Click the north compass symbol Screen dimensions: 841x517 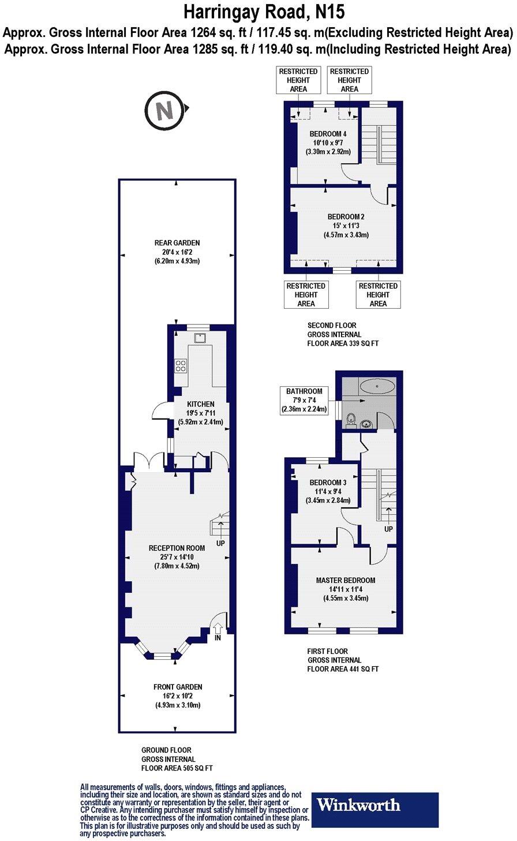[x=166, y=110]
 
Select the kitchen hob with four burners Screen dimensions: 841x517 [x=181, y=365]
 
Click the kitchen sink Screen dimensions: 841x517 [x=200, y=338]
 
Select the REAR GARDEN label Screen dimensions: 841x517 [x=177, y=243]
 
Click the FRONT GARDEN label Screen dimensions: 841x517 [x=178, y=687]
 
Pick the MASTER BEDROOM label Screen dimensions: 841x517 [x=345, y=580]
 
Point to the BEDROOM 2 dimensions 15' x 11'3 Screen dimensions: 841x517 [x=346, y=226]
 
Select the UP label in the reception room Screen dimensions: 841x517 [x=220, y=543]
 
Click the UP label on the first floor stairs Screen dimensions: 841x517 [x=389, y=529]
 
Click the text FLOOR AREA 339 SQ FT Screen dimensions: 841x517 [x=343, y=343]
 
